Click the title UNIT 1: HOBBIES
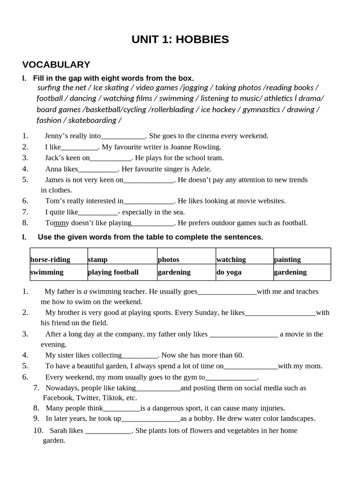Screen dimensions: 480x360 [180, 39]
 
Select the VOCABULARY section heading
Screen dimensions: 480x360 [56, 65]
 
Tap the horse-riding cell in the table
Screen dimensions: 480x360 [50, 259]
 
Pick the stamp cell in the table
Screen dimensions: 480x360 [97, 259]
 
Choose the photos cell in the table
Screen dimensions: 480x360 [168, 259]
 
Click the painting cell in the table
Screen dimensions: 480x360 [287, 259]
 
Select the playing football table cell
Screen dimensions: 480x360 [113, 272]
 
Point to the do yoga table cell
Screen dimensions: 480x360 [229, 272]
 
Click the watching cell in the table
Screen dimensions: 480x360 [231, 259]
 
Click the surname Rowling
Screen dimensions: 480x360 [205, 147]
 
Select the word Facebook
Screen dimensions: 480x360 [59, 397]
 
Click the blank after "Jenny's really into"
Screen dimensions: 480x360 [123, 136]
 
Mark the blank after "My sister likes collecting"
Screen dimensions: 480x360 [140, 355]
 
